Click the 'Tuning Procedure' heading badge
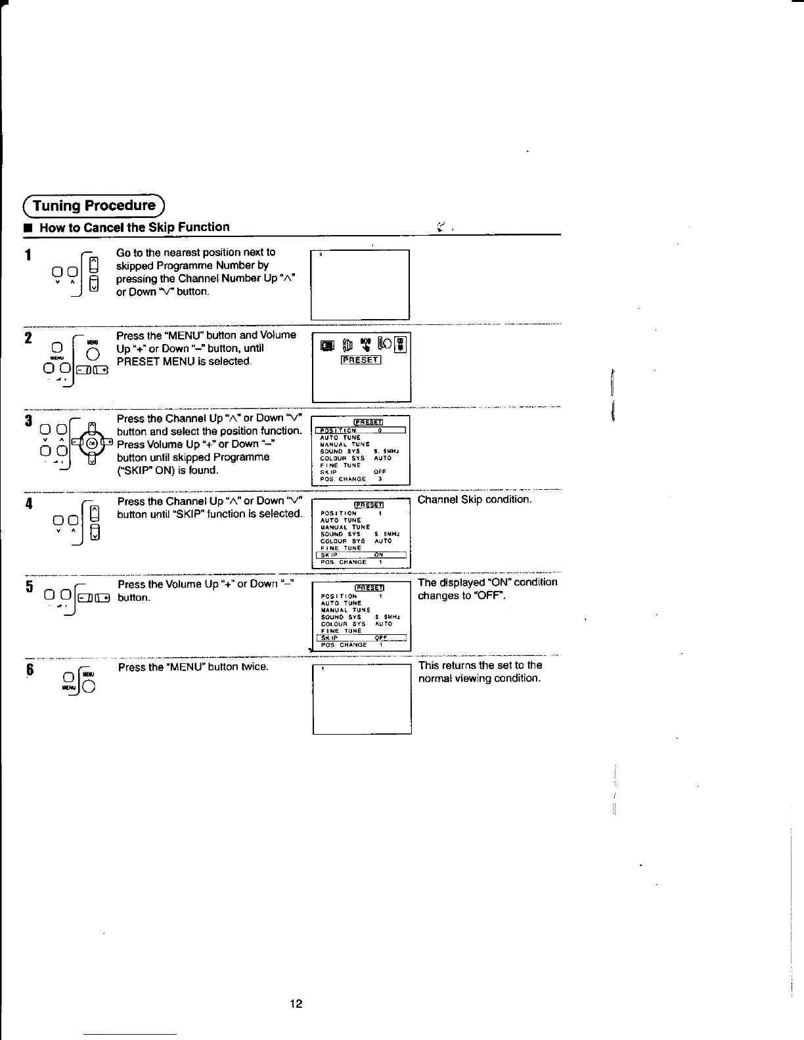coord(95,206)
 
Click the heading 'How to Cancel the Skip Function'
coord(135,227)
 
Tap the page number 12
coord(296,1003)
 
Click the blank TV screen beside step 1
coord(360,284)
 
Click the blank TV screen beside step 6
coord(362,699)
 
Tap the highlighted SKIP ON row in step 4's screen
coord(361,555)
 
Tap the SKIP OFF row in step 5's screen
coord(361,638)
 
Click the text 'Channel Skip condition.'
coord(475,500)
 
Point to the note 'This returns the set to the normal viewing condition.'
coord(480,672)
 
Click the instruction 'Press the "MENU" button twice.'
coord(193,667)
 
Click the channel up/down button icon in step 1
coord(94,274)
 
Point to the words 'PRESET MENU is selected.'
coord(184,362)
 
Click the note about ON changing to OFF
coord(487,589)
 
